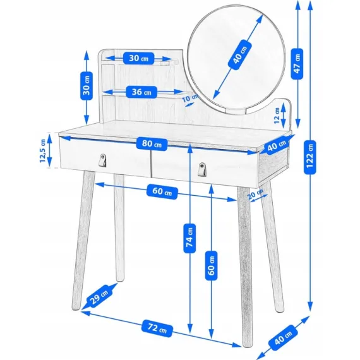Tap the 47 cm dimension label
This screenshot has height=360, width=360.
pos(297,62)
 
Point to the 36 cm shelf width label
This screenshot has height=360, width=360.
pos(141,92)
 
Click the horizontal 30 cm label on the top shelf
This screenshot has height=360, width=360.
pos(139,59)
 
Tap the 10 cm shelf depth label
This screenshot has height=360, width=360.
pos(190,99)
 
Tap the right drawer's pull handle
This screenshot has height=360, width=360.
pos(201,169)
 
